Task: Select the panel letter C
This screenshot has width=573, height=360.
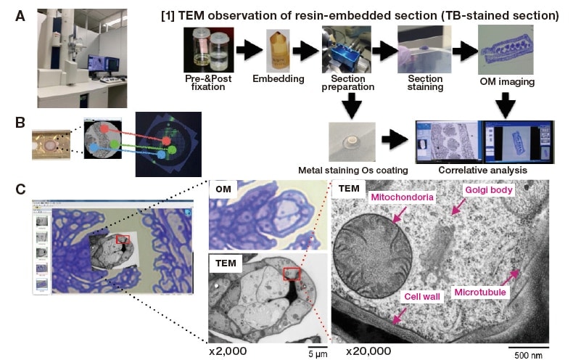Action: pos(20,189)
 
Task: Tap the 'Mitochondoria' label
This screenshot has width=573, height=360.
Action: pos(403,197)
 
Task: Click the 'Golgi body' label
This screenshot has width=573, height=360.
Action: pos(490,190)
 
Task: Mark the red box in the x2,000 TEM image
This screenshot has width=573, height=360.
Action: pos(292,273)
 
